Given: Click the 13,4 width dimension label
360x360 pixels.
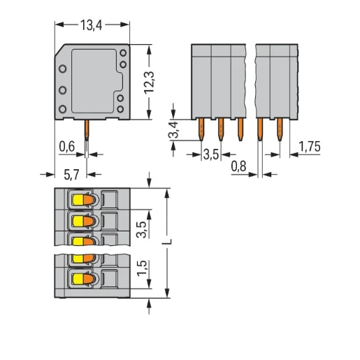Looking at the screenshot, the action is (x=91, y=25).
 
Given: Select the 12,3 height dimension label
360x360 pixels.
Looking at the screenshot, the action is (x=149, y=83).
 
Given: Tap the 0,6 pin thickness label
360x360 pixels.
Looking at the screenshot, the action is (x=66, y=147).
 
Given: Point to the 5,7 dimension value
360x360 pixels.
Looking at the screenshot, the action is (x=71, y=175).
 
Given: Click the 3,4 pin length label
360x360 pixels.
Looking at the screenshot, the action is (x=173, y=130).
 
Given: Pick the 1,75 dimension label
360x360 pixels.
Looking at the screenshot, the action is (x=310, y=147).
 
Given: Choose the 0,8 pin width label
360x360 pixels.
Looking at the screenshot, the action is (x=238, y=166).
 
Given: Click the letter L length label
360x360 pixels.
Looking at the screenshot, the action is (x=167, y=242).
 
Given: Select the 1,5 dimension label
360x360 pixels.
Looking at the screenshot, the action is (x=142, y=268).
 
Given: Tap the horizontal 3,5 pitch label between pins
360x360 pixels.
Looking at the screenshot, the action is (x=211, y=154).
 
